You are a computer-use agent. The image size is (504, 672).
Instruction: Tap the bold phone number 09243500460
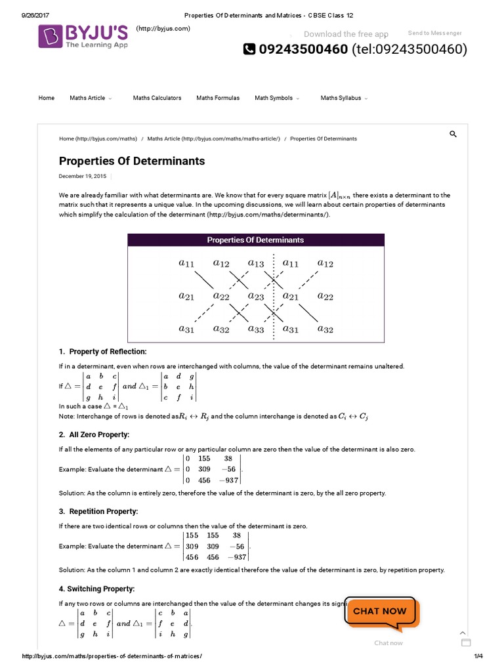pyautogui.click(x=303, y=49)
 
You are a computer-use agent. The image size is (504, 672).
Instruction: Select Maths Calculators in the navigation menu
pyautogui.click(x=157, y=98)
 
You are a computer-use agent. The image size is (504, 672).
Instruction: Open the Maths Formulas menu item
pyautogui.click(x=218, y=98)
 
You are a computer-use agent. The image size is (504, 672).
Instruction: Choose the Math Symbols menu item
pyautogui.click(x=274, y=98)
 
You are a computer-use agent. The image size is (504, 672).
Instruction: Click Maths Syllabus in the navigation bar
pyautogui.click(x=341, y=98)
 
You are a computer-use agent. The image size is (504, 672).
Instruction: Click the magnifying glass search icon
pyautogui.click(x=453, y=134)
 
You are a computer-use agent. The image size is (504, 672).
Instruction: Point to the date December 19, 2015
pyautogui.click(x=82, y=176)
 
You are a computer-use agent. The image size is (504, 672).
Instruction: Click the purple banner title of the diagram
pyautogui.click(x=255, y=240)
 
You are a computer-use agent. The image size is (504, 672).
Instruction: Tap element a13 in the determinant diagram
pyautogui.click(x=255, y=264)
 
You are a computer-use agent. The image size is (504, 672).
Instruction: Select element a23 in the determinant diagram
pyautogui.click(x=255, y=297)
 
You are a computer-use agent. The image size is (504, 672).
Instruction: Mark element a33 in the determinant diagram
pyautogui.click(x=255, y=329)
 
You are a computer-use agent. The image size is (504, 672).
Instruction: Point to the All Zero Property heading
pyautogui.click(x=99, y=434)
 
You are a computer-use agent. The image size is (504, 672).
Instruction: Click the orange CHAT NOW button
pyautogui.click(x=380, y=611)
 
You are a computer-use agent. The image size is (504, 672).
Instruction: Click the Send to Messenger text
pyautogui.click(x=434, y=33)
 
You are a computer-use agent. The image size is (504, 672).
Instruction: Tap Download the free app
pyautogui.click(x=346, y=34)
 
